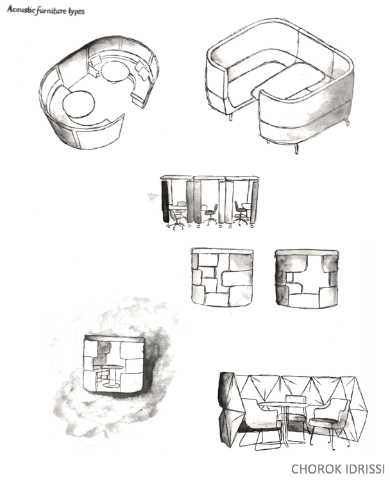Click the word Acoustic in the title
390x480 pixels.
[x=21, y=10]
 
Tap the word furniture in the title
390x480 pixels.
[x=51, y=12]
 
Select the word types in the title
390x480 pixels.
[x=76, y=12]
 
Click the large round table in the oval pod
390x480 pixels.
[x=79, y=104]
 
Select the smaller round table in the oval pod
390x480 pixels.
[x=114, y=72]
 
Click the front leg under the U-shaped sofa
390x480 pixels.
[x=296, y=148]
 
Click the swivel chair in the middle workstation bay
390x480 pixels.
[x=210, y=214]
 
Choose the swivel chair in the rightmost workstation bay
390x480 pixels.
[x=241, y=213]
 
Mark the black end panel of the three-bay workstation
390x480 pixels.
[x=165, y=201]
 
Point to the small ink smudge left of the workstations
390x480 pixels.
[x=153, y=196]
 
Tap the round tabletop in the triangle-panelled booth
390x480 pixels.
[x=284, y=405]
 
